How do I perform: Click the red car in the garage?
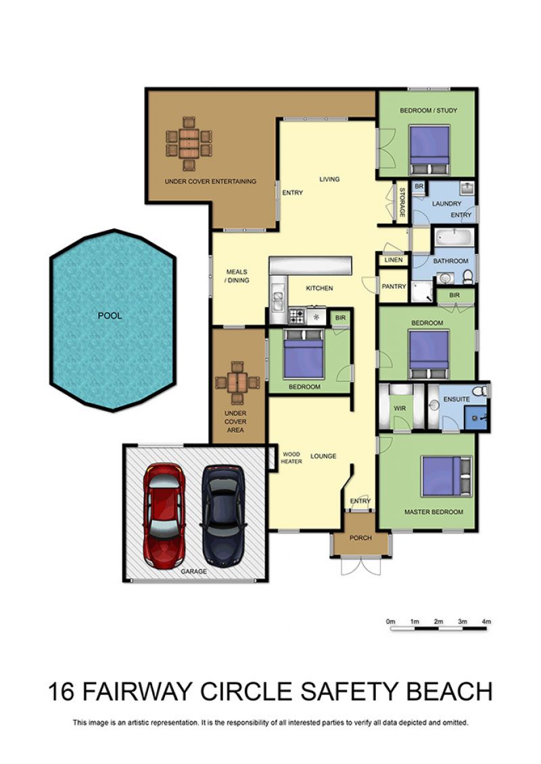[164, 515]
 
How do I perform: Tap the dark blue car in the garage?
[222, 515]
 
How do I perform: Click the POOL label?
[110, 316]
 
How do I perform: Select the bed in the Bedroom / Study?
[429, 149]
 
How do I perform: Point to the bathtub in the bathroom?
[454, 239]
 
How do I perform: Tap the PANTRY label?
[394, 287]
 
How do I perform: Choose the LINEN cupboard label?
[394, 260]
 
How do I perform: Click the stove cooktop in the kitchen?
[297, 316]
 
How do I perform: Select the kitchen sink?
[277, 300]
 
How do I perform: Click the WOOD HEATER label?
[291, 458]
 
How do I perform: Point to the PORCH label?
[360, 538]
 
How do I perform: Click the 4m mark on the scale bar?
[486, 622]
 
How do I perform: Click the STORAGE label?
[402, 203]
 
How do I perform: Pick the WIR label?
[400, 408]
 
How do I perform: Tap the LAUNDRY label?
[446, 204]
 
